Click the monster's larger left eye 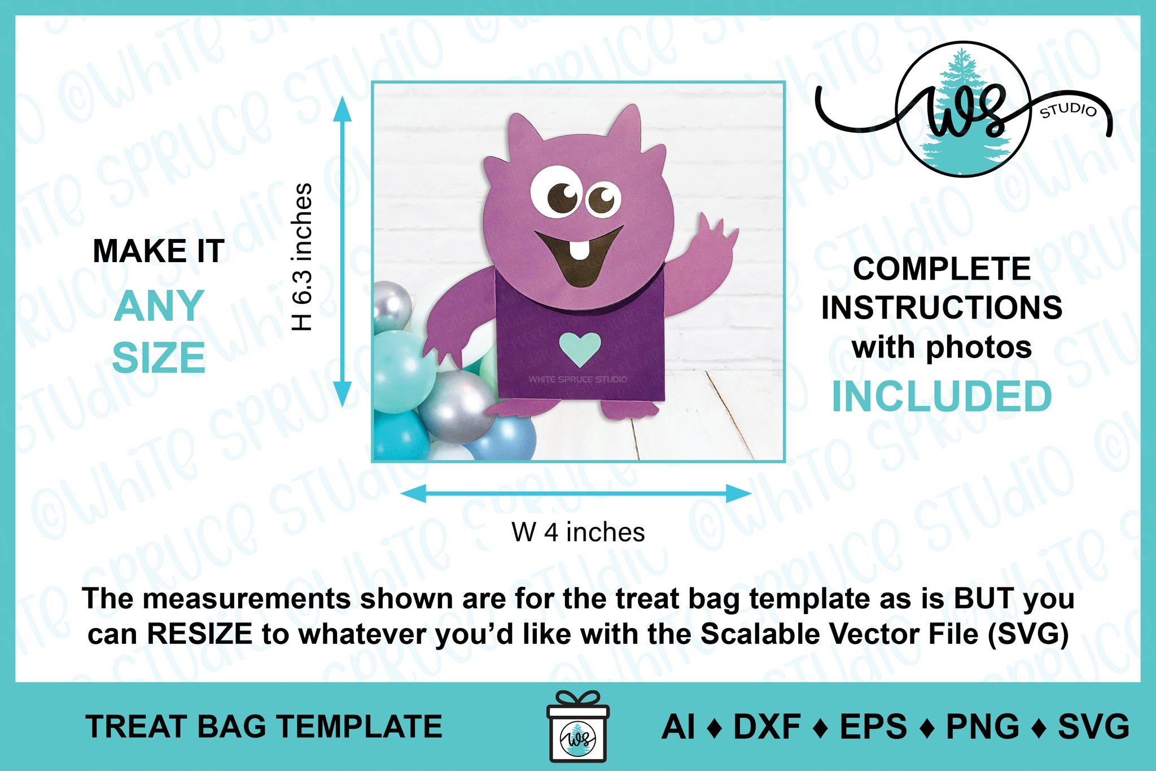556,192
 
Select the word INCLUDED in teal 942,397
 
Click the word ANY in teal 159,306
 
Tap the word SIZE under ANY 159,358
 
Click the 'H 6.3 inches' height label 302,257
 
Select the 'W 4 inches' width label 578,532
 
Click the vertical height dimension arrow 342,251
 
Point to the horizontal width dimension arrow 576,494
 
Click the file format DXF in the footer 767,726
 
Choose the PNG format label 982,726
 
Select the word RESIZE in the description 199,634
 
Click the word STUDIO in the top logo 1068,110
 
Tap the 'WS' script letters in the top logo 965,110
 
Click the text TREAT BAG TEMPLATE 264,726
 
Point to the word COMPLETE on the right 942,268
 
